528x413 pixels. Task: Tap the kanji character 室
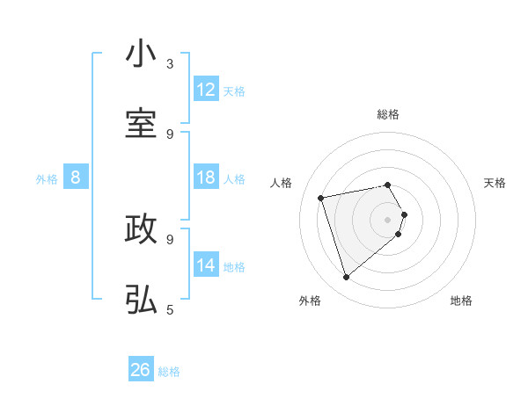click(x=141, y=124)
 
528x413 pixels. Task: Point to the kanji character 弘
click(x=141, y=300)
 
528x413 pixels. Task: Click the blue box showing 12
click(x=206, y=90)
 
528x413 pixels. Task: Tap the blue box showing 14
click(x=206, y=265)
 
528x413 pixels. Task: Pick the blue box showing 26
click(x=141, y=370)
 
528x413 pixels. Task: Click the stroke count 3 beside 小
click(x=170, y=63)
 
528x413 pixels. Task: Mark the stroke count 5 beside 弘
click(x=170, y=309)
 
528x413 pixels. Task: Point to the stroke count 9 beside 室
click(x=170, y=134)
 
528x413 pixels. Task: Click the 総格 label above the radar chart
click(x=388, y=114)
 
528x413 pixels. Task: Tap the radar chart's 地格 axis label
click(x=461, y=301)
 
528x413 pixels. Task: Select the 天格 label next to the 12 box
click(x=234, y=91)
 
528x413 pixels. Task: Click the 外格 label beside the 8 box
click(x=47, y=179)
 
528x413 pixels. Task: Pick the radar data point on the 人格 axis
click(x=321, y=198)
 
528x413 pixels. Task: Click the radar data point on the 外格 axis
click(x=347, y=278)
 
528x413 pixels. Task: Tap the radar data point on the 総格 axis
click(x=388, y=185)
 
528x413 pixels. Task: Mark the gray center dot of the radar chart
click(x=388, y=219)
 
